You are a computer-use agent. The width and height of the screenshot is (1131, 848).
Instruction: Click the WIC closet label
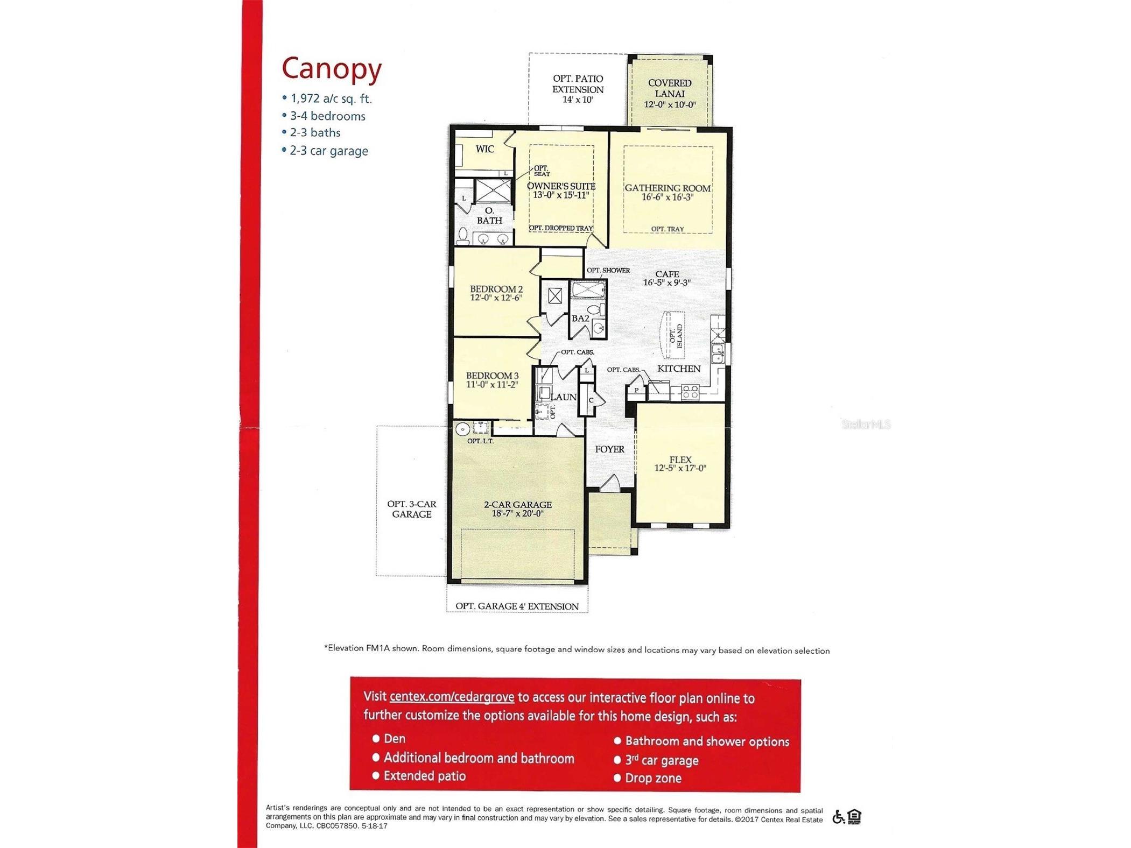pos(484,149)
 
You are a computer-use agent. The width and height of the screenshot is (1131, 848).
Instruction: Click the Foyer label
pos(609,449)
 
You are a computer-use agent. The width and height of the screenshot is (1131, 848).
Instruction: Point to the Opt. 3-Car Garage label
pos(411,509)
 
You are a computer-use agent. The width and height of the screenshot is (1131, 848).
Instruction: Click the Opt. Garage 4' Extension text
pos(517,606)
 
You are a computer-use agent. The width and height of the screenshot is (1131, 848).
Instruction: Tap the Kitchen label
pos(679,369)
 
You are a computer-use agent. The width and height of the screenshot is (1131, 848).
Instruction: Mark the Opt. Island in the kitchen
pos(675,336)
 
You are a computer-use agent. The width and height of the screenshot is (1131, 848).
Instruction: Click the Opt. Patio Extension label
pos(578,89)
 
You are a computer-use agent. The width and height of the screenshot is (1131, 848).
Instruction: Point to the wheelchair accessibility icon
pos(837,817)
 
